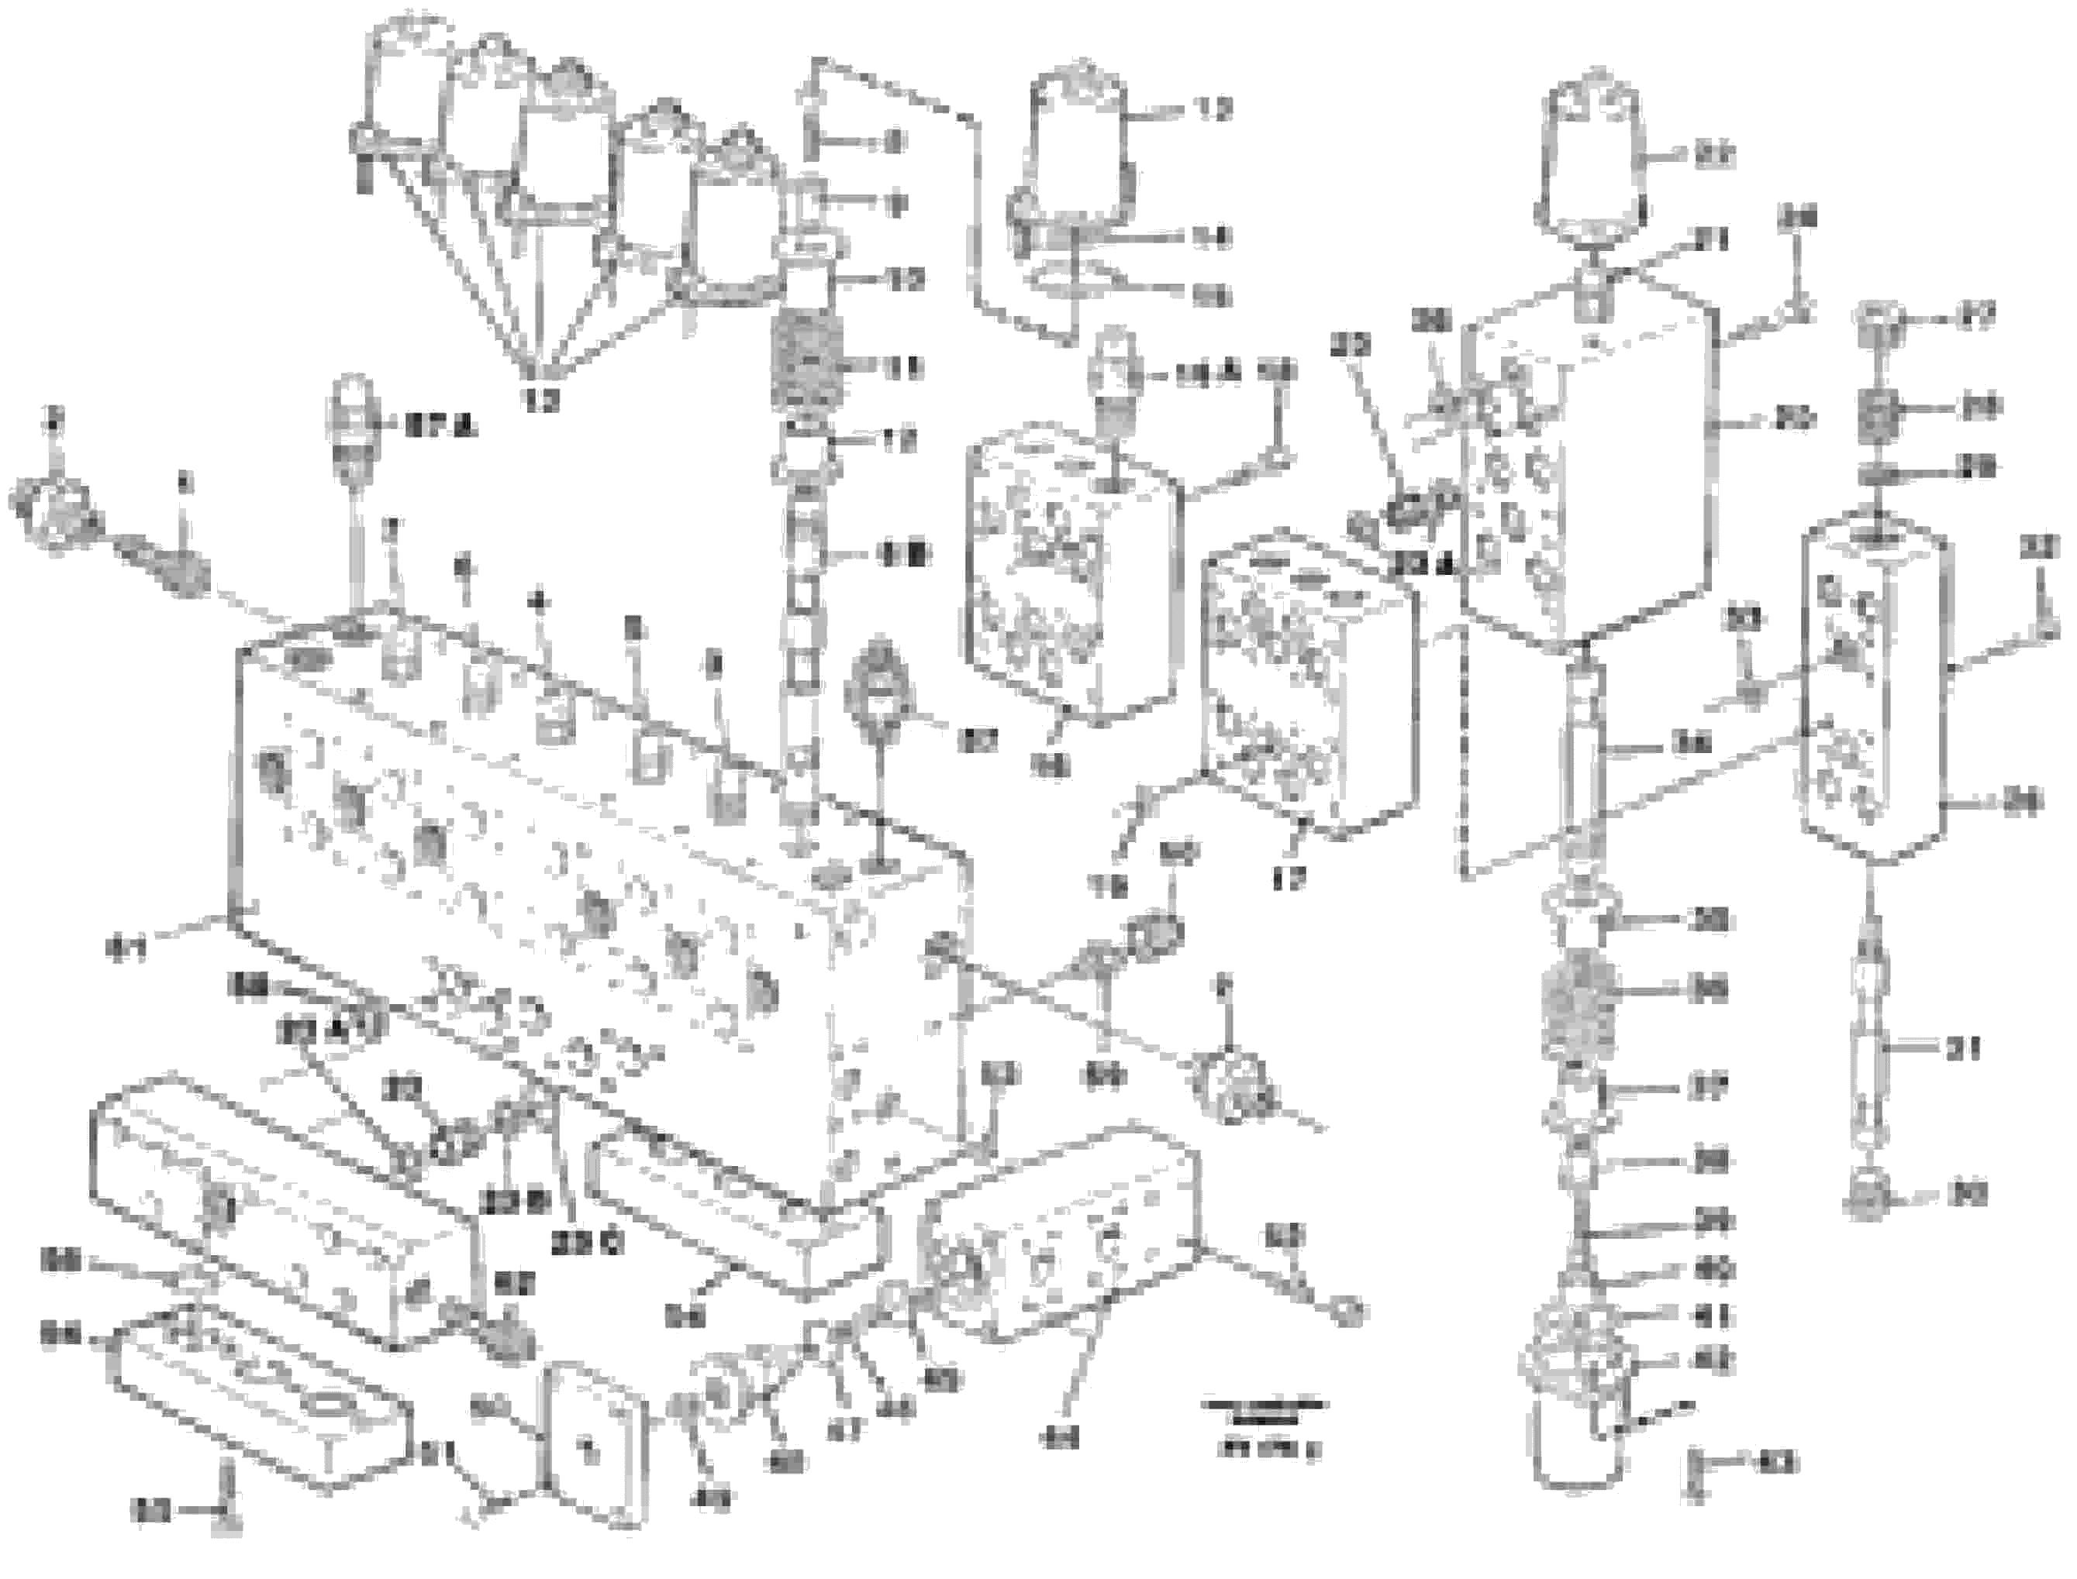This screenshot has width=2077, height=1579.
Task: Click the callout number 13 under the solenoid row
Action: (543, 401)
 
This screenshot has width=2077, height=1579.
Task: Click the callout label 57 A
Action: (439, 428)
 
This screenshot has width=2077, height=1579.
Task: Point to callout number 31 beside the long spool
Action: (1961, 1048)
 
